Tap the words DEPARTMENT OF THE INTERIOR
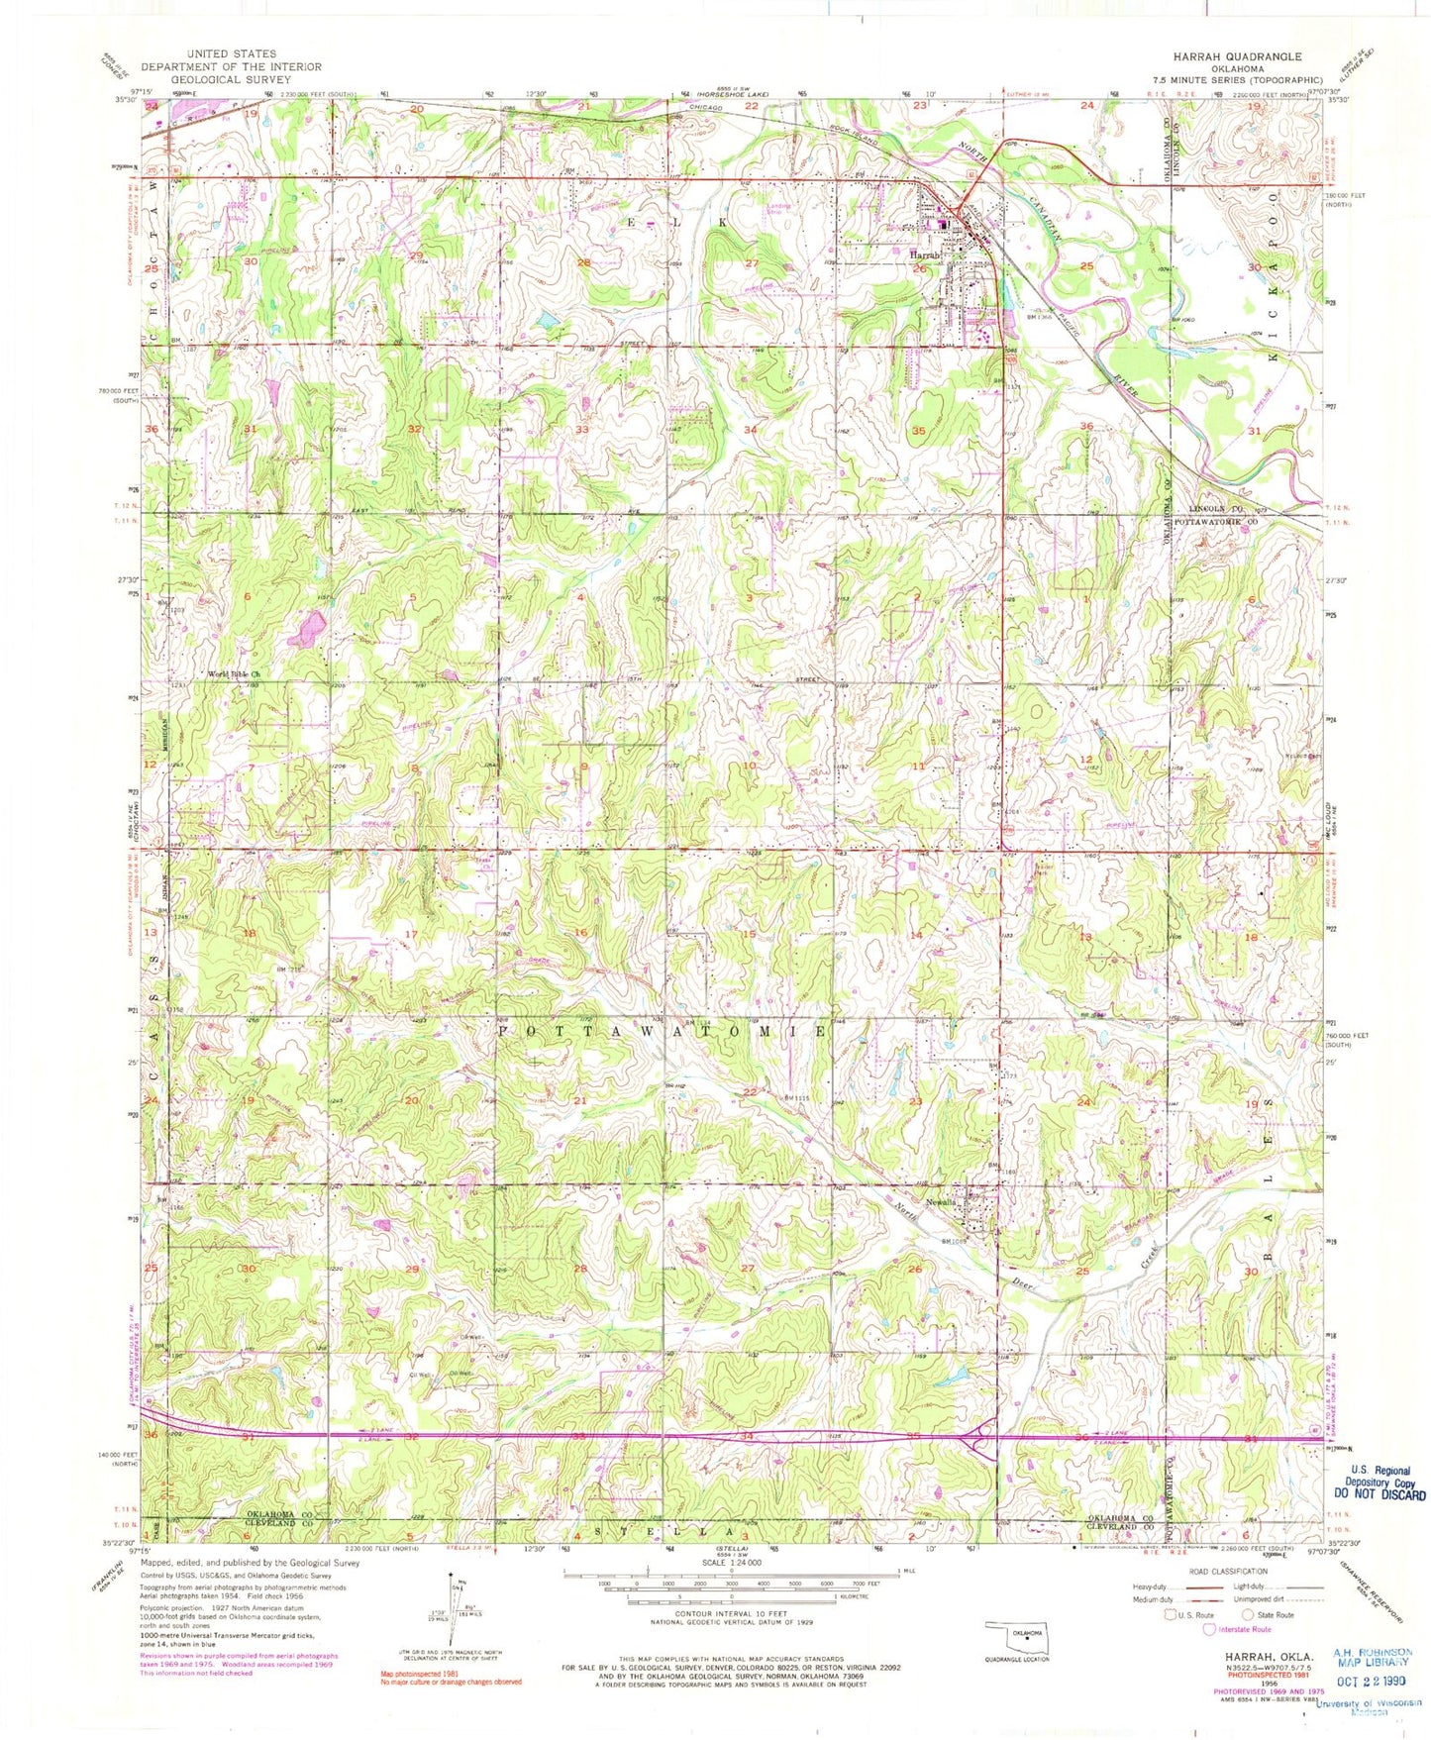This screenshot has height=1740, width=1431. pyautogui.click(x=230, y=66)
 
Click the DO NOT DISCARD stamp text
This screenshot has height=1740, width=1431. pyautogui.click(x=1379, y=1496)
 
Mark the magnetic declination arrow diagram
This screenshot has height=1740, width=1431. pyautogui.click(x=453, y=1625)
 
